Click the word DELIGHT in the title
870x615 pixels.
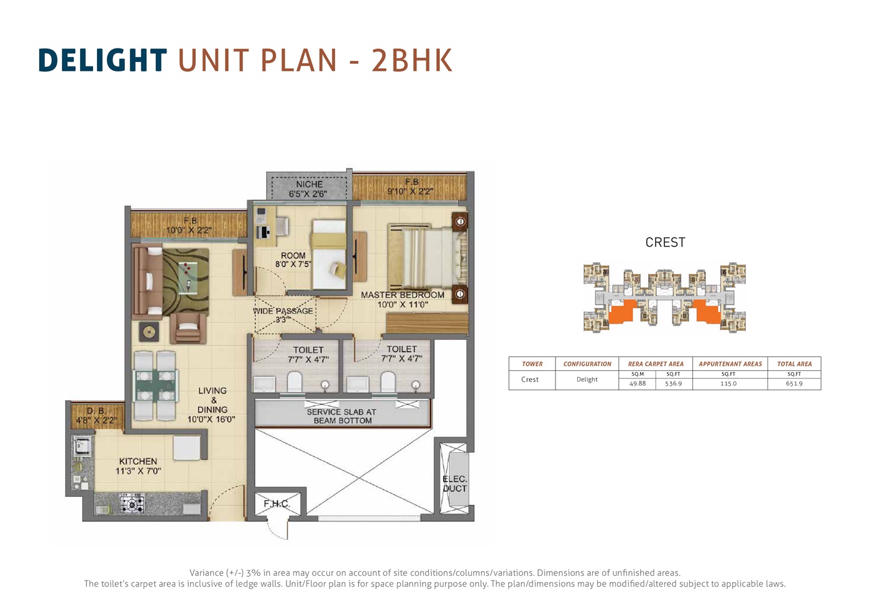pos(103,60)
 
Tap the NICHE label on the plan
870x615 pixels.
pos(309,184)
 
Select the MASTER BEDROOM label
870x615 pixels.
pos(403,294)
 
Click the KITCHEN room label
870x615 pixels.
pos(138,461)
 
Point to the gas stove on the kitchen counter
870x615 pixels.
pos(132,504)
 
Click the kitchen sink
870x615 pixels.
pos(82,445)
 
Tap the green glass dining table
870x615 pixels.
pos(155,386)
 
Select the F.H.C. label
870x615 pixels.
pos(277,504)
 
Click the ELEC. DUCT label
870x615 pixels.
pos(455,484)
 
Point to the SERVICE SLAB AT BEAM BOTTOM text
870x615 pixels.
pos(342,416)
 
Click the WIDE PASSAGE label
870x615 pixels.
pos(283,311)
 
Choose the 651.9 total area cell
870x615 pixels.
pos(794,383)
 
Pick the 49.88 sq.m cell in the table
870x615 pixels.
pos(638,383)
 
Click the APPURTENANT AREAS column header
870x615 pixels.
pos(730,364)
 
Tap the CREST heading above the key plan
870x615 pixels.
pos(666,242)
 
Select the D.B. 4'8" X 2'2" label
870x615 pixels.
pos(96,416)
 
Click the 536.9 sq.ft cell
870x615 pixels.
pos(673,383)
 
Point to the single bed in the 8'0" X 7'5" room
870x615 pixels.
pos(329,254)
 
